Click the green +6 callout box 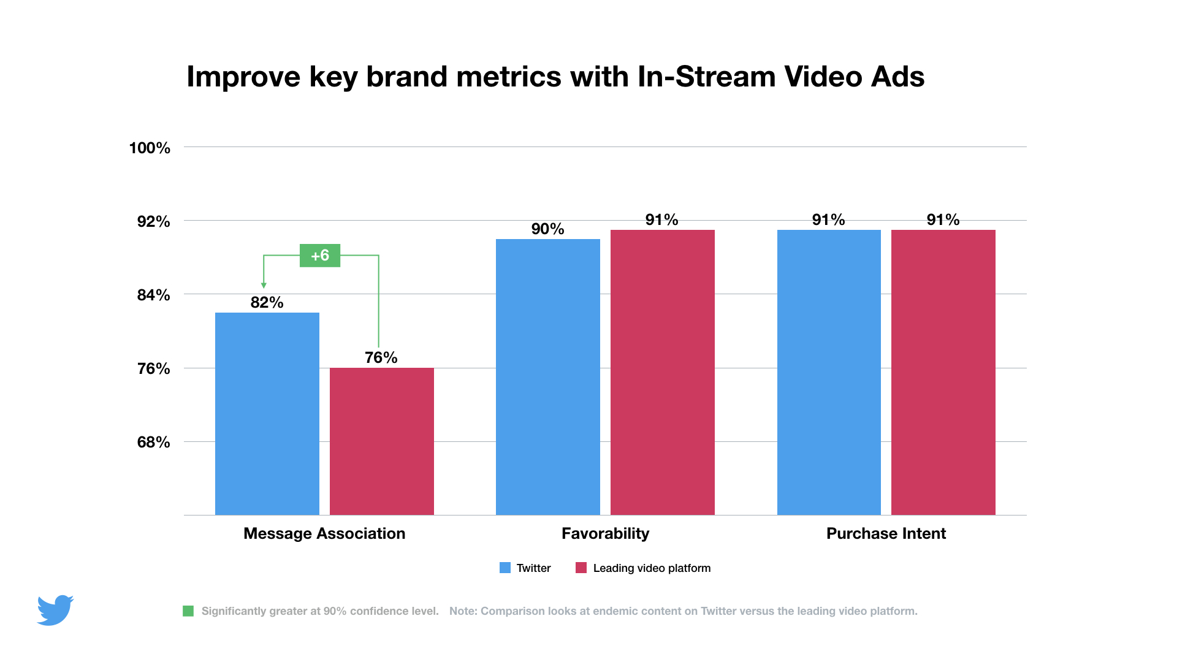[319, 256]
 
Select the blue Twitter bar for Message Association [267, 414]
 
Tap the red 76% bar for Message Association [381, 441]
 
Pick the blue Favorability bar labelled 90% [547, 377]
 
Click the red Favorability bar [662, 372]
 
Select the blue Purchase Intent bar [828, 372]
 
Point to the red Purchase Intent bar [943, 372]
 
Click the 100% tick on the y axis [150, 148]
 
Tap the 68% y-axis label [153, 442]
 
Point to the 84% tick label [153, 295]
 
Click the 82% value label [267, 302]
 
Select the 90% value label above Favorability [547, 229]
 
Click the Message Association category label [324, 533]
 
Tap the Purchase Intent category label [886, 533]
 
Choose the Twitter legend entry [525, 568]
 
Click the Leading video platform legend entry [643, 568]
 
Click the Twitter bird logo [55, 610]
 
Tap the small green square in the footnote [188, 611]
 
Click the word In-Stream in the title [706, 77]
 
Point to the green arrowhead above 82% [264, 285]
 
